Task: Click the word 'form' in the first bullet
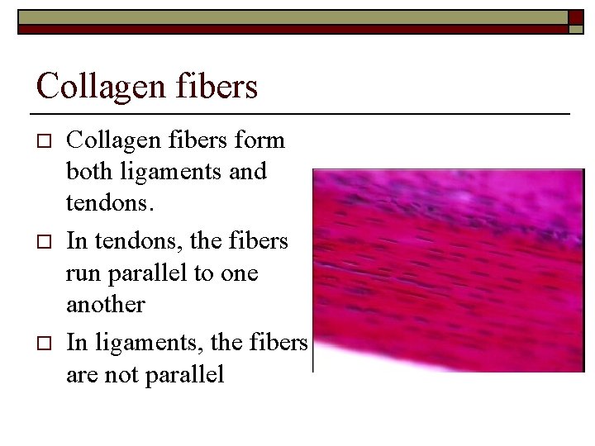point(260,140)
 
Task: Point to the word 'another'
point(106,306)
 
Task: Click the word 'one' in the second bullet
point(240,274)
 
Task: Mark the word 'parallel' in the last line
point(184,374)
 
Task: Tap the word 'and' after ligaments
point(250,173)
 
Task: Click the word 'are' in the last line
point(83,374)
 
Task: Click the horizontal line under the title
point(300,112)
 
